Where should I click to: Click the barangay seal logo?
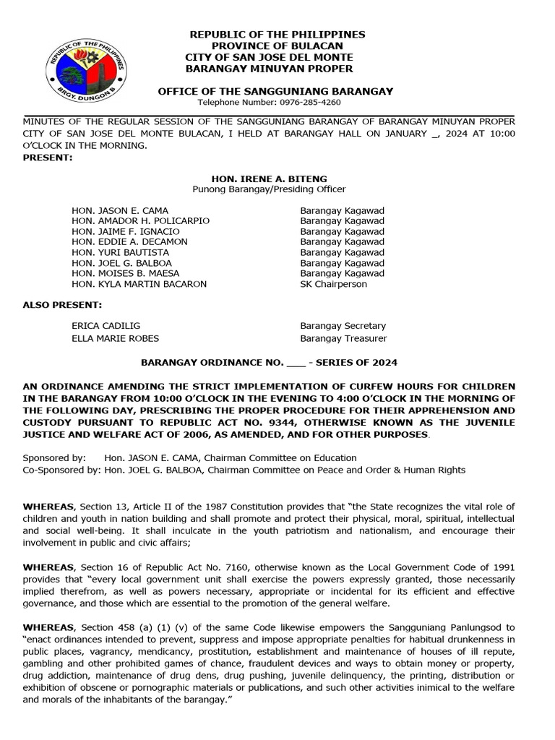pos(86,66)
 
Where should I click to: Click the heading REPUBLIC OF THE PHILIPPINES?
pos(277,35)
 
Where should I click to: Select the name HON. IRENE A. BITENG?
pos(268,178)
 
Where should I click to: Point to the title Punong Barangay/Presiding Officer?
pos(268,189)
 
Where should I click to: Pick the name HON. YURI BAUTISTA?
pos(120,253)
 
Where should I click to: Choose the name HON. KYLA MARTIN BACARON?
pos(139,284)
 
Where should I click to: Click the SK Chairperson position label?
pos(333,284)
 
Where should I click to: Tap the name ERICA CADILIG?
pos(106,327)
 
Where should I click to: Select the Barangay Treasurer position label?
pos(343,338)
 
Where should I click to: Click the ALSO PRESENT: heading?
pos(62,305)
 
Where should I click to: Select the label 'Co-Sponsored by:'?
pos(61,469)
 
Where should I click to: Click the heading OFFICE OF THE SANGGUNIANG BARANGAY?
pos(275,91)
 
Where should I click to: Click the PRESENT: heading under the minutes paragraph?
pos(48,157)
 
